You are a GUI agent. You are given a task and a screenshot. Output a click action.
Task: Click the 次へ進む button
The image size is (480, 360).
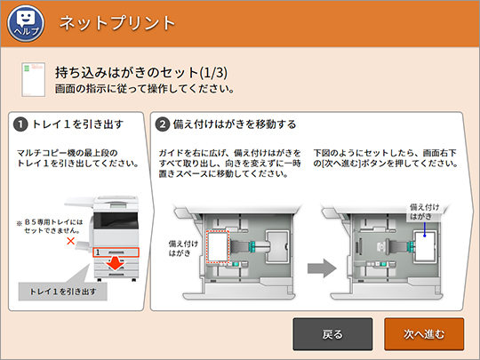tap(424, 334)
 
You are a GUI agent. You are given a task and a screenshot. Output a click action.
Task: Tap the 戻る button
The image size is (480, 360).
tap(332, 334)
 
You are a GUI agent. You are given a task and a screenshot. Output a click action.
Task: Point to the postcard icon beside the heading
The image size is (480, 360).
tap(32, 78)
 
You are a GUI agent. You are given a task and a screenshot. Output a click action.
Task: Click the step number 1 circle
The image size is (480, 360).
tap(20, 123)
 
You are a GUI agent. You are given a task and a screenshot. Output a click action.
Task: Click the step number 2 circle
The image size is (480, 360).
tap(163, 123)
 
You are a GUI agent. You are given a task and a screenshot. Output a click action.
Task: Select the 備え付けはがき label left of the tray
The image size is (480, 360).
tap(182, 246)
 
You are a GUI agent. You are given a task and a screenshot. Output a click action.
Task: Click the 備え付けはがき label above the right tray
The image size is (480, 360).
tap(425, 212)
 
